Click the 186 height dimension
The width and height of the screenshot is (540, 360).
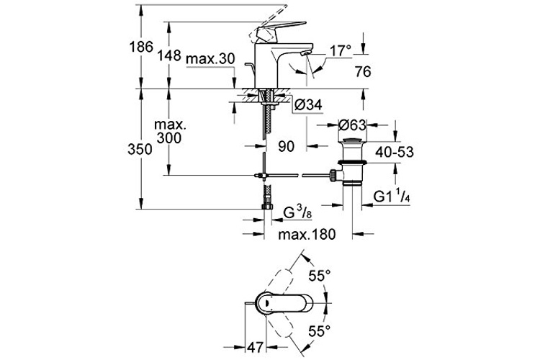click(x=144, y=48)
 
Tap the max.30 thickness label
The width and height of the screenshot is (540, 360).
click(x=211, y=58)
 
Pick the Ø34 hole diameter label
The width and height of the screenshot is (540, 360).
click(x=308, y=105)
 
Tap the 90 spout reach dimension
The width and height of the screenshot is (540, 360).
click(x=286, y=146)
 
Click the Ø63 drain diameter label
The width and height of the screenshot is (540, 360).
click(x=353, y=125)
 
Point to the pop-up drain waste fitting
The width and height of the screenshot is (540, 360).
click(x=352, y=163)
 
